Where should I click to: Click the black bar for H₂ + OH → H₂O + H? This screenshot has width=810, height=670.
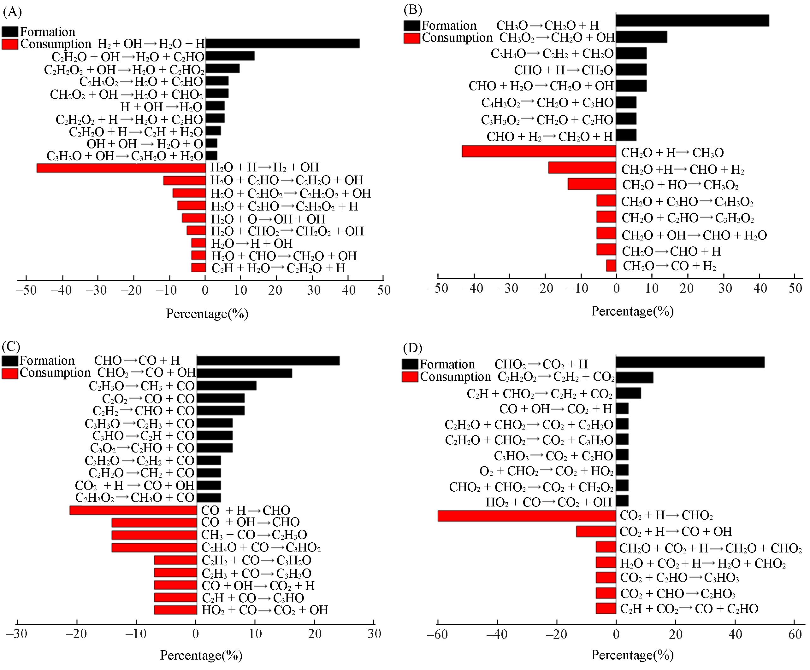282,43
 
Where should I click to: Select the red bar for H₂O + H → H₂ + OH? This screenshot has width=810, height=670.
121,168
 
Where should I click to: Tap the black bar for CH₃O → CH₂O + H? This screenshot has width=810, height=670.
692,20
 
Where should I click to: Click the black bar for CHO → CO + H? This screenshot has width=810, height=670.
268,361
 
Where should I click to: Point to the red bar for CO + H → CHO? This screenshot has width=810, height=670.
133,510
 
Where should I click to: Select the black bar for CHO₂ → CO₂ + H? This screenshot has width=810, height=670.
690,362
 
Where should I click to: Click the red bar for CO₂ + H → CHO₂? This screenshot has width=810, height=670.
527,516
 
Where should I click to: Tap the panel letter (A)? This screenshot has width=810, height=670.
12,12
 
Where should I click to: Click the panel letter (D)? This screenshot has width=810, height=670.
412,348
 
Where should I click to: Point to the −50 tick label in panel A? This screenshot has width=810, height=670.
26,290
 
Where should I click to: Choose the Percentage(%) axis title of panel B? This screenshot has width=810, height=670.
633,311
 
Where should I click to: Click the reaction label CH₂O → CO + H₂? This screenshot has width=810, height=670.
670,266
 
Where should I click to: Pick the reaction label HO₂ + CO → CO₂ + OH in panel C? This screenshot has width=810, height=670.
265,610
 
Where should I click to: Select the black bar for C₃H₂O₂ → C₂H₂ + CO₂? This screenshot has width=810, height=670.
635,378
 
